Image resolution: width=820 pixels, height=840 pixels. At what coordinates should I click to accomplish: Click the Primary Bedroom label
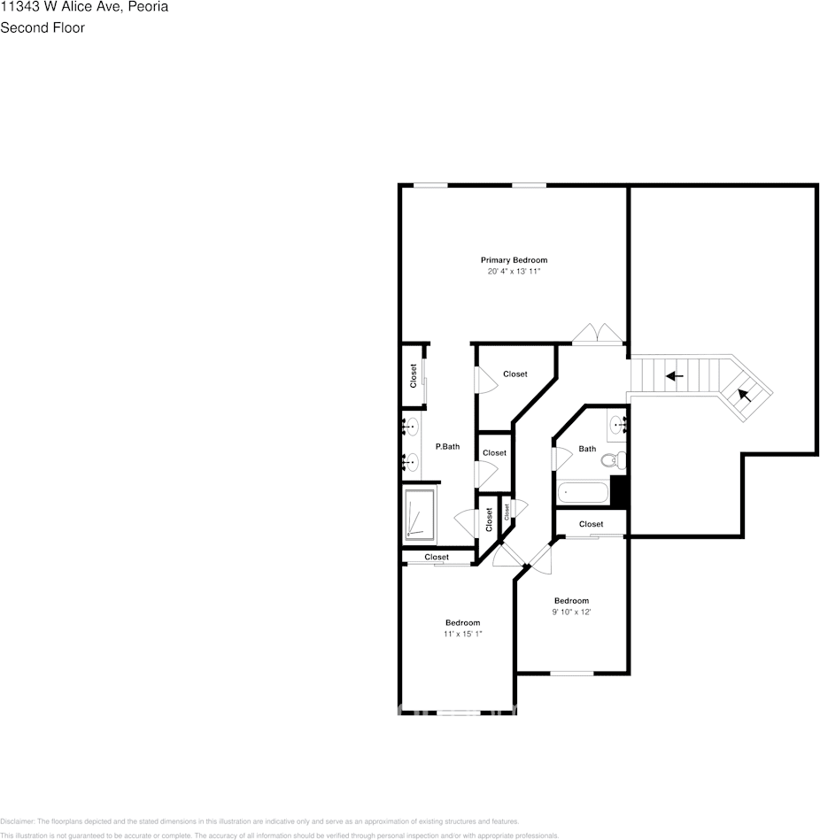pos(514,260)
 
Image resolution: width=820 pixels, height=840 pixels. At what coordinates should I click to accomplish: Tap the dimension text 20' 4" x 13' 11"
pos(514,272)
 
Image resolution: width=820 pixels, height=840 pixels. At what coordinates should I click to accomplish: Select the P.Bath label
pos(447,447)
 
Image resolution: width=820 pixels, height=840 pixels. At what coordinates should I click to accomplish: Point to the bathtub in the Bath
pos(583,492)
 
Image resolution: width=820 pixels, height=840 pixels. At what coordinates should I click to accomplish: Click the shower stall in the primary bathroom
pos(421,514)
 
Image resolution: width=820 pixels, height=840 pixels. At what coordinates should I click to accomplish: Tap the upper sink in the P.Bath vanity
pos(410,428)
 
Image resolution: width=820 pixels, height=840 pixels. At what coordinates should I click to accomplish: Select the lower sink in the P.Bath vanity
pos(410,461)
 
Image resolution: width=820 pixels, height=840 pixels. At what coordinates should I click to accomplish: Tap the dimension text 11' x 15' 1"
pos(462,634)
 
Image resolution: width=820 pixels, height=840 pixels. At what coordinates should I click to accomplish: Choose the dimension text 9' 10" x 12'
pos(571,612)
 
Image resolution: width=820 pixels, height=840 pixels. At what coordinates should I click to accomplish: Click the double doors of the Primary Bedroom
pos(598,334)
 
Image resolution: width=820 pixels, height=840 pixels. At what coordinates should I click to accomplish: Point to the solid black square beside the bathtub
pos(620,492)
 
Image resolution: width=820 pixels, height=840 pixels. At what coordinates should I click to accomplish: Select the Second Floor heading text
pos(43,27)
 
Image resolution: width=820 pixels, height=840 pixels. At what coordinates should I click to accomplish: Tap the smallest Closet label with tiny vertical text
pos(507,511)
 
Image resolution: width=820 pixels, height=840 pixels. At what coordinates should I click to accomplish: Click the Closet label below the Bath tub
pos(591,524)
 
